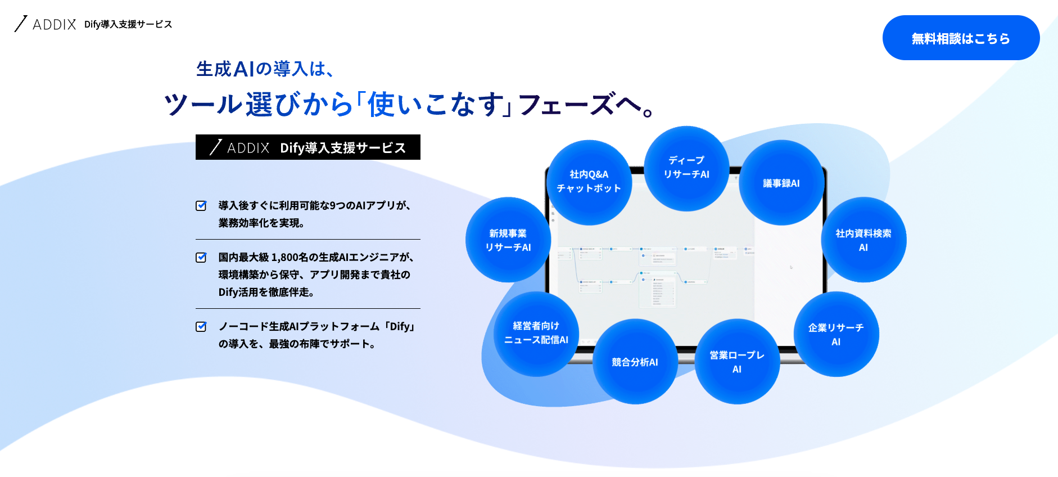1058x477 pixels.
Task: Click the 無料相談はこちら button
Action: pyautogui.click(x=960, y=38)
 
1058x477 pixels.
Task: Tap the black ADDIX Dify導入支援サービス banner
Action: pyautogui.click(x=308, y=147)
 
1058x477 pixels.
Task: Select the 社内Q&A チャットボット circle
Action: pyautogui.click(x=589, y=182)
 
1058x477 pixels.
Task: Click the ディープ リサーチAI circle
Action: pyautogui.click(x=686, y=168)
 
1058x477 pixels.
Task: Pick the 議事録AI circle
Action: pyautogui.click(x=781, y=183)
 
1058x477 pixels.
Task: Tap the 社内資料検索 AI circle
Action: pyautogui.click(x=863, y=240)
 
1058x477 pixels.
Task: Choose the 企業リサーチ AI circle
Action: pyautogui.click(x=835, y=334)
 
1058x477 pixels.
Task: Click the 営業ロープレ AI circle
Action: pyautogui.click(x=736, y=362)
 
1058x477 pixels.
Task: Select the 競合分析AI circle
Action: pyautogui.click(x=635, y=362)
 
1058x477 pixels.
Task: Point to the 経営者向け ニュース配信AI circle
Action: pyautogui.click(x=536, y=333)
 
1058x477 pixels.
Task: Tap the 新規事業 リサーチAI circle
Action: pyautogui.click(x=508, y=240)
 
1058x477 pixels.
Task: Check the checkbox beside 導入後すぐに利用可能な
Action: pyautogui.click(x=201, y=206)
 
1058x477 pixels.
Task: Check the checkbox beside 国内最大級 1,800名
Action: pyautogui.click(x=201, y=258)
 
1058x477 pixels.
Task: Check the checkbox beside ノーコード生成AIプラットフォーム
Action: pyautogui.click(x=201, y=327)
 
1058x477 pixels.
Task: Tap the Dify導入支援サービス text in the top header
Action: pyautogui.click(x=128, y=24)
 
